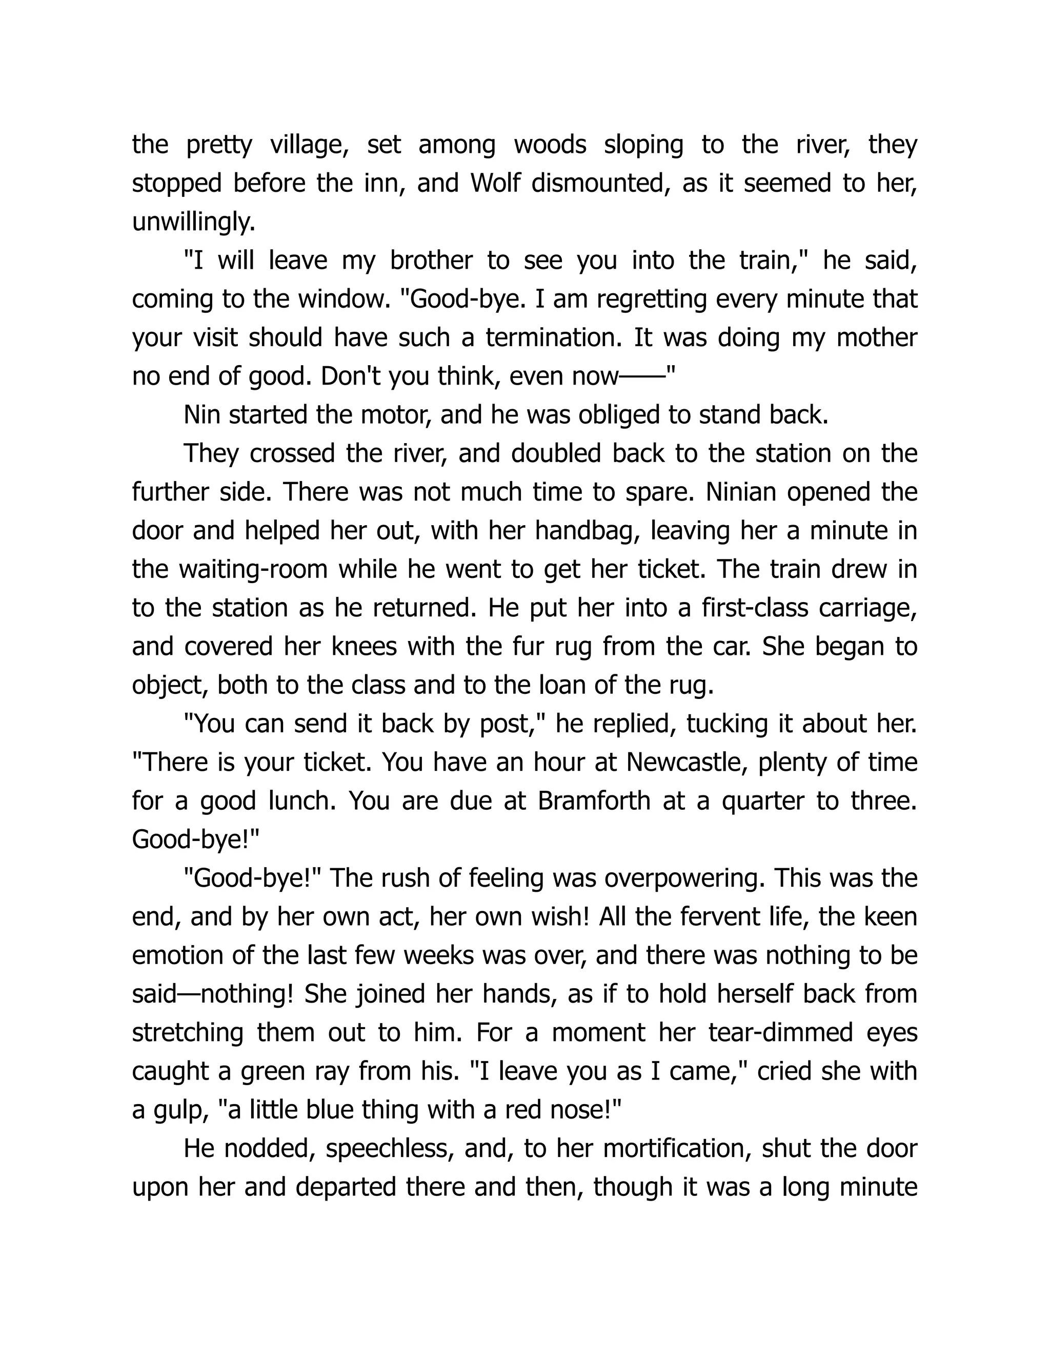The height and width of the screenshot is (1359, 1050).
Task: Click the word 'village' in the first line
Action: (309, 145)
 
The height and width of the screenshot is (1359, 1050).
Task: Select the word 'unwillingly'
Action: (193, 222)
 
